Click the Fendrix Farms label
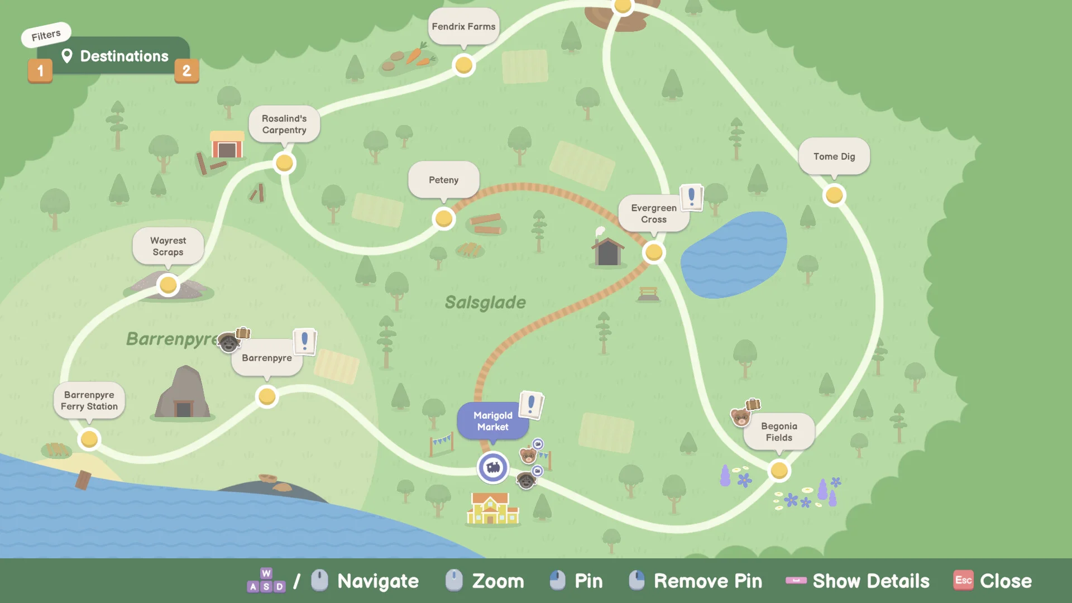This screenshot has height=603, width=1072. [x=463, y=26]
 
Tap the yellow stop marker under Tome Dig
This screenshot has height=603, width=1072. [x=834, y=195]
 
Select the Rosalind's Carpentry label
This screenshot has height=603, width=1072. [x=284, y=124]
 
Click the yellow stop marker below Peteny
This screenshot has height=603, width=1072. [x=444, y=218]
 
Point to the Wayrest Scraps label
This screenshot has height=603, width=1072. [x=168, y=246]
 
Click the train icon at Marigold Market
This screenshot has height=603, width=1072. [x=493, y=467]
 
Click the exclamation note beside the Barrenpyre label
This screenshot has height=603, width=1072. [x=305, y=341]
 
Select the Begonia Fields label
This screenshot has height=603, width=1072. [x=779, y=432]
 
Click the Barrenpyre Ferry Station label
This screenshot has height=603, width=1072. [x=89, y=400]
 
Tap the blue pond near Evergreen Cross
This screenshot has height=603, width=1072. [x=734, y=255]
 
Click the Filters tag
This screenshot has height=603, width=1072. [x=46, y=35]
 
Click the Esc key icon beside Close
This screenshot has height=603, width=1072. [x=964, y=581]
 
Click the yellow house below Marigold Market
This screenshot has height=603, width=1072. [x=491, y=508]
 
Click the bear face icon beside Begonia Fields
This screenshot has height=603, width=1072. [x=740, y=417]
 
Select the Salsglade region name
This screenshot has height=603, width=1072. [x=485, y=303]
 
